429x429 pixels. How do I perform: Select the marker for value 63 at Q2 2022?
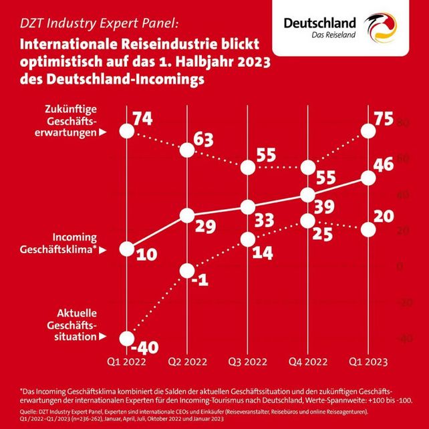tap(187, 150)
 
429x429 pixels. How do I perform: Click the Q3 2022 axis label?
tap(247, 362)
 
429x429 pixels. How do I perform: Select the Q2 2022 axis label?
tap(187, 362)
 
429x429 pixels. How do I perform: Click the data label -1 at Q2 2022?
tap(198, 279)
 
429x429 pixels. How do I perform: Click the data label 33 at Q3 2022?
tap(266, 220)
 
